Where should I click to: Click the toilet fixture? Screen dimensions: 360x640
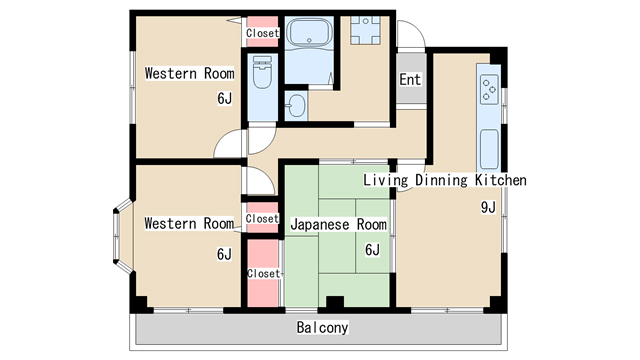[x=263, y=75]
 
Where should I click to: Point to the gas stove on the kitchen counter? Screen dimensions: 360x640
[x=489, y=89]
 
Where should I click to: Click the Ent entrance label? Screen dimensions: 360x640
[x=410, y=80]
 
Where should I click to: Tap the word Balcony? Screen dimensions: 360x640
[x=322, y=328]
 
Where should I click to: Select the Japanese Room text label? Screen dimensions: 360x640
[x=338, y=224]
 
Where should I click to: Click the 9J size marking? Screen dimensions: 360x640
[x=488, y=208]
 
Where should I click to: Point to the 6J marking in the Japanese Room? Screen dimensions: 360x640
[x=371, y=250]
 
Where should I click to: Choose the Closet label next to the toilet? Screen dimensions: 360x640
[x=262, y=33]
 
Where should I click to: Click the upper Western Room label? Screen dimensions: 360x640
[x=189, y=73]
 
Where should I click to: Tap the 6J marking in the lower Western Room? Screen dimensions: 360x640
[x=224, y=254]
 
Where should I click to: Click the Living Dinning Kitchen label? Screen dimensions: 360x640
[x=444, y=181]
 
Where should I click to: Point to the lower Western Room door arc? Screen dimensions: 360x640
[x=258, y=181]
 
